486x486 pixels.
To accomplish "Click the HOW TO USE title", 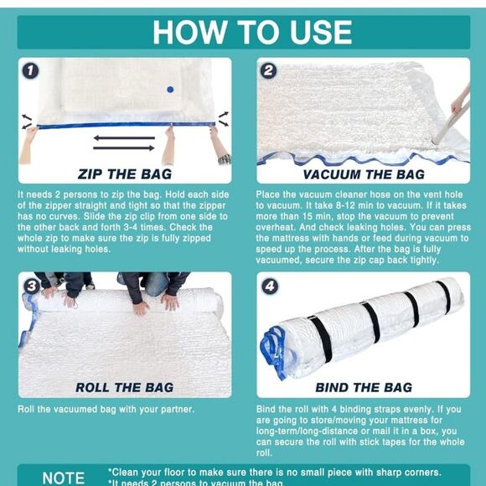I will tap(252, 32).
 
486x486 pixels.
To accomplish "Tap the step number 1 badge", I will tap(30, 70).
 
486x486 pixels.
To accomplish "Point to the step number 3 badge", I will tap(31, 286).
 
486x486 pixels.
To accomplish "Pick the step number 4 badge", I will tap(269, 286).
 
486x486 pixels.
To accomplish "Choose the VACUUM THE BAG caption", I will tap(363, 174).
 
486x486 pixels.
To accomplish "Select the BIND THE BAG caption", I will tap(363, 387).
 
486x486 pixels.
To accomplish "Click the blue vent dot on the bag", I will tap(169, 89).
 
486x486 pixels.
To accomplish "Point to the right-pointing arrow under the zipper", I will tap(124, 147).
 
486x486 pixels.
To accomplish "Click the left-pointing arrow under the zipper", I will tap(124, 137).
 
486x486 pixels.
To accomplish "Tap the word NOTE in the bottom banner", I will tap(63, 478).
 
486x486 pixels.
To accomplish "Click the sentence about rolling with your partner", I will tap(106, 409).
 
